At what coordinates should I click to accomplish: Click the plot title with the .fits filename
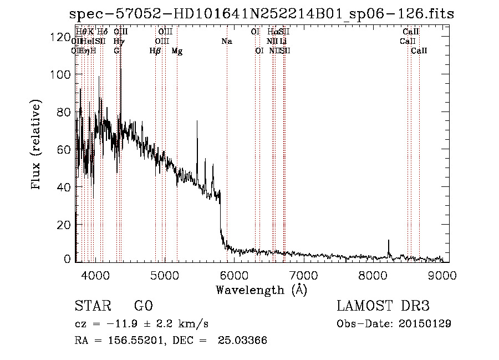tap(261, 14)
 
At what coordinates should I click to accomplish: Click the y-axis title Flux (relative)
tap(37, 145)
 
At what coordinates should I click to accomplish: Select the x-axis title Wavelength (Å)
tap(261, 290)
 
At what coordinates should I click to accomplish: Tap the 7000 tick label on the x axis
tap(303, 275)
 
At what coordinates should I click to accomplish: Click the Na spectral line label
tap(226, 41)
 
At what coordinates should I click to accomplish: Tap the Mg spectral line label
tap(177, 50)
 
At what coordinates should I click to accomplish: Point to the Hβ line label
tap(155, 50)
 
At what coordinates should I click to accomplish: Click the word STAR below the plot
tap(92, 306)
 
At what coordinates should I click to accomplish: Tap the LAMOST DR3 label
tap(383, 306)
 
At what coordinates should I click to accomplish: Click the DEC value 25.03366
tap(242, 341)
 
